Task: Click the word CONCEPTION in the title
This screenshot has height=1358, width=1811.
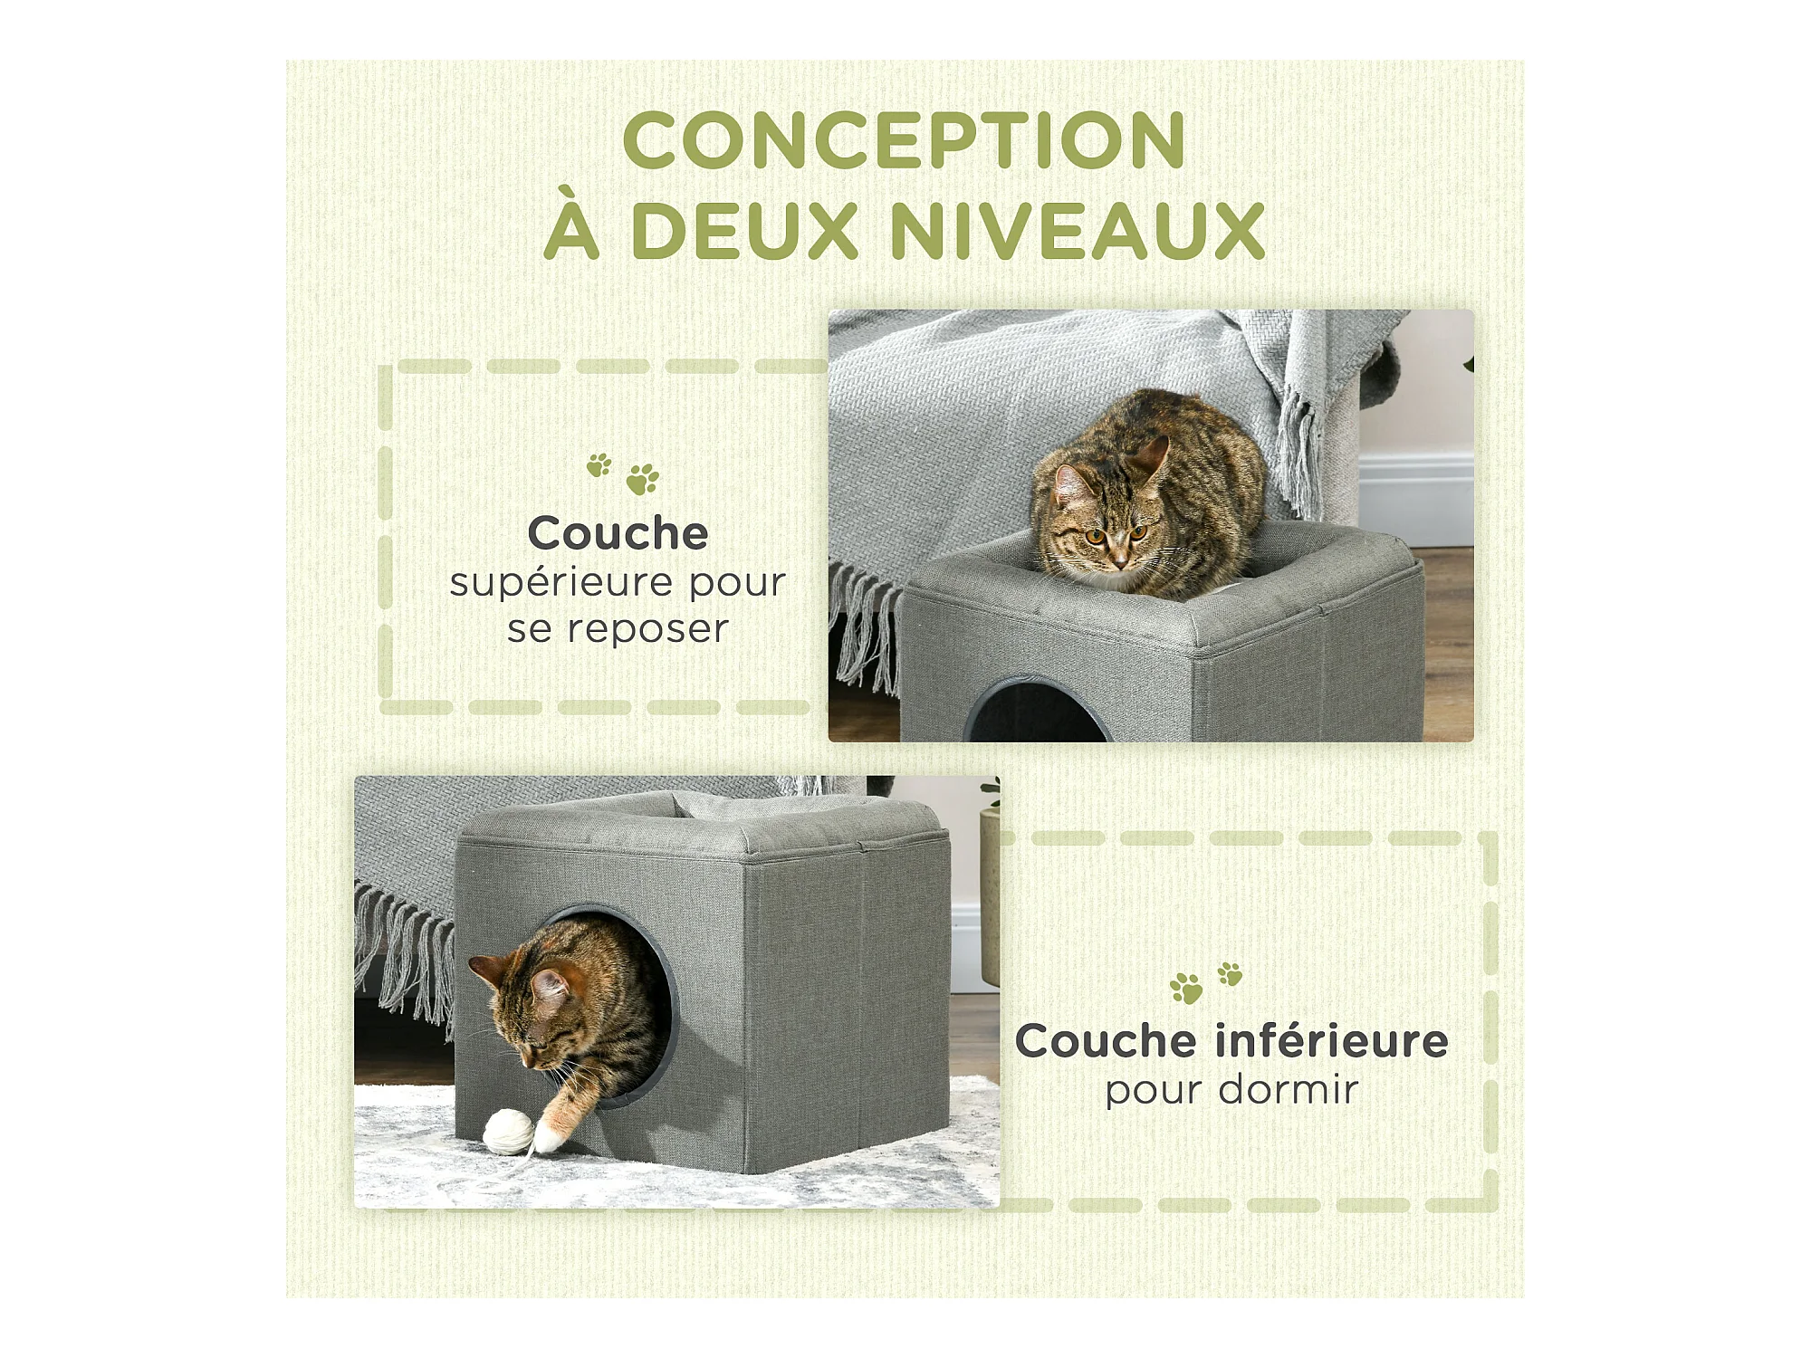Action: coord(904,139)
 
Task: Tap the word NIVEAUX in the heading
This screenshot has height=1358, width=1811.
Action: coord(1078,230)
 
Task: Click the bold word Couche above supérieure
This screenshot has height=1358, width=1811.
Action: coord(618,532)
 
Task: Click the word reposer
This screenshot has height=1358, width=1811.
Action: coord(647,629)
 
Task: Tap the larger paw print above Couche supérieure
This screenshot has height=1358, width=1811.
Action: coord(643,479)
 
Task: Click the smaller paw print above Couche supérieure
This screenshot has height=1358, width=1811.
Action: coord(599,465)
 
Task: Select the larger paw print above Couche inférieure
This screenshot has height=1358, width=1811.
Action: coord(1186,989)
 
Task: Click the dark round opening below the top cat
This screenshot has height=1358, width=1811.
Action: coord(1037,713)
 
